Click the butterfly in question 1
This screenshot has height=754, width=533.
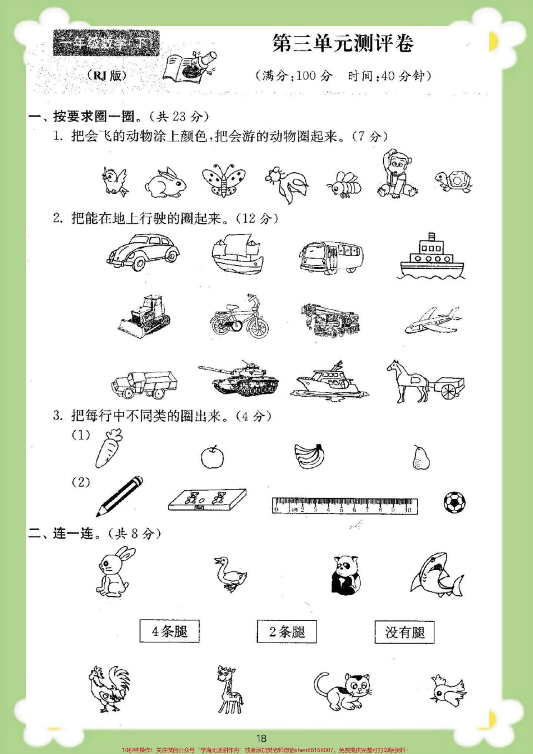coord(224,181)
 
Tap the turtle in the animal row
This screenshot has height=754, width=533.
coord(453,181)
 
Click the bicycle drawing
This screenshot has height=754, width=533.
coord(240,317)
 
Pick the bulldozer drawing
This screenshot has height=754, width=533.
coord(145,318)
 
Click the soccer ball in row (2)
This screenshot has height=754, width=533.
coord(454,502)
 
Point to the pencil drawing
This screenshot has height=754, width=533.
coord(120,496)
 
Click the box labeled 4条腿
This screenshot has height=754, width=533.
coord(169,632)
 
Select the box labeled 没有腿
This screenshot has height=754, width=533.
coord(405,632)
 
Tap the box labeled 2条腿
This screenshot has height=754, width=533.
coord(287,632)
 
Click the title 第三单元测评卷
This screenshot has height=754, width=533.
coord(343,44)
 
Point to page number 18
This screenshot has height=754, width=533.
coord(261,738)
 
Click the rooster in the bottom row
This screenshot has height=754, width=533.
coord(108,688)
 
